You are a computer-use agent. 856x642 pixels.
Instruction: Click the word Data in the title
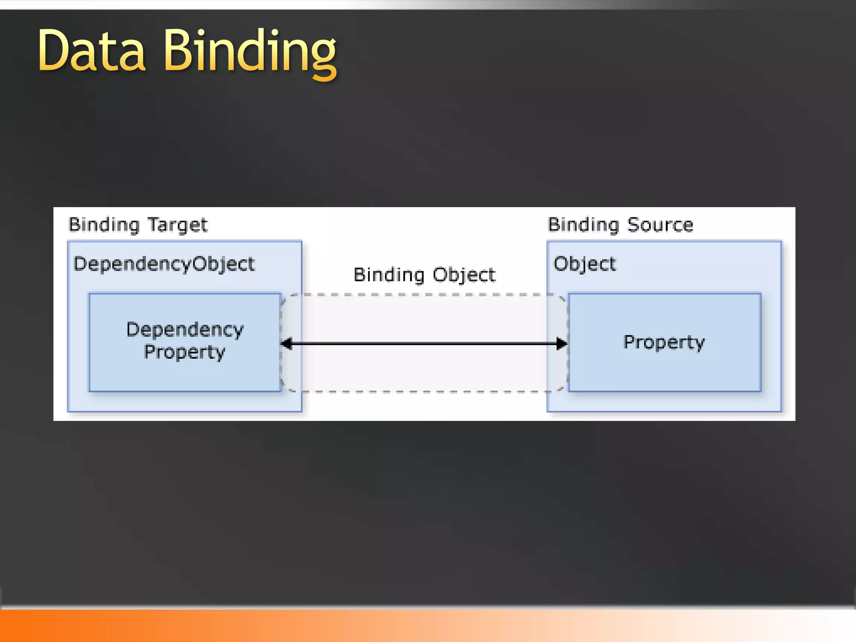click(92, 51)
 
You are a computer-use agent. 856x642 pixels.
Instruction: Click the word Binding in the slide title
click(250, 52)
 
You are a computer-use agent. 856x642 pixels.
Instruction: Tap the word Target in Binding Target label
click(178, 225)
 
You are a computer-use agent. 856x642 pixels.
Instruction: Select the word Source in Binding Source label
click(660, 225)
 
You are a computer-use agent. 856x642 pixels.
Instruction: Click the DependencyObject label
click(164, 264)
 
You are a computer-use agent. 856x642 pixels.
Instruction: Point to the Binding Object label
click(424, 275)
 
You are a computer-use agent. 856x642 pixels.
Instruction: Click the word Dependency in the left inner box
click(185, 330)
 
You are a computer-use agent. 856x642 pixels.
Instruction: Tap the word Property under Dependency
click(185, 352)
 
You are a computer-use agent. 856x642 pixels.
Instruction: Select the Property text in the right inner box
click(664, 342)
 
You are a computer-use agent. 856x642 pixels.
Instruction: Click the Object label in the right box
click(584, 264)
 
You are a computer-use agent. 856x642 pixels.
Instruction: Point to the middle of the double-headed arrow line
click(424, 344)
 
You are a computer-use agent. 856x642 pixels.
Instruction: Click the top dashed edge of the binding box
click(424, 295)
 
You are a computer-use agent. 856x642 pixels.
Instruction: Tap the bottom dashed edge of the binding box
click(424, 392)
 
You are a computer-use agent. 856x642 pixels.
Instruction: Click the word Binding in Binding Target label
click(104, 225)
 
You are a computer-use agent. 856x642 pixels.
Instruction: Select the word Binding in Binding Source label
click(583, 225)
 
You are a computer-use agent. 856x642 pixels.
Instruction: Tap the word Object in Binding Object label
click(464, 275)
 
